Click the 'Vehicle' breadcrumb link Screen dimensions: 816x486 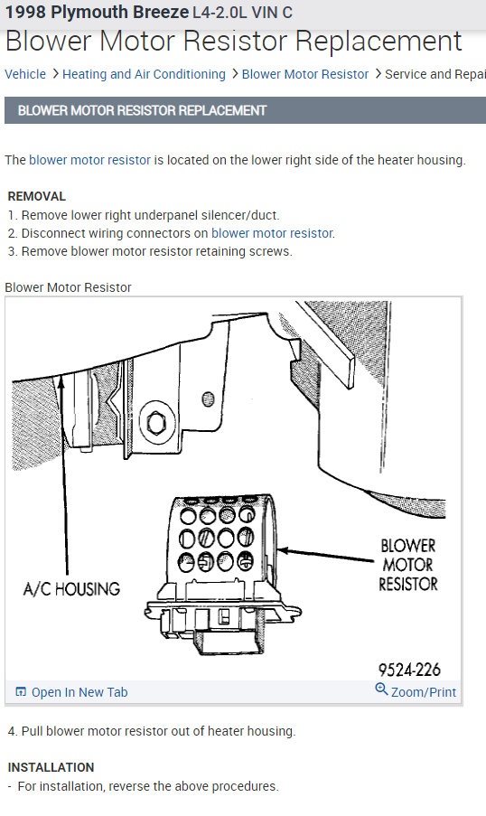[25, 74]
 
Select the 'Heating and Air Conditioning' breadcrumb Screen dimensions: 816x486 [144, 74]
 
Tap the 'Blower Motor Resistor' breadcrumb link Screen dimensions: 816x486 [305, 74]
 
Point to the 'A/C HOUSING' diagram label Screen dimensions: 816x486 [71, 589]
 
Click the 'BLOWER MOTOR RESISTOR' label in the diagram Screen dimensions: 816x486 [407, 565]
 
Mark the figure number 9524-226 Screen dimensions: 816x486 [409, 670]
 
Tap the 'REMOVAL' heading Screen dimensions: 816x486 [36, 196]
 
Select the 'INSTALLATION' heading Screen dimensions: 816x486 [51, 767]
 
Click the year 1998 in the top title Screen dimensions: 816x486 [23, 13]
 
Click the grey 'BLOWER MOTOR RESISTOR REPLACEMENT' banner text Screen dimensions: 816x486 [143, 110]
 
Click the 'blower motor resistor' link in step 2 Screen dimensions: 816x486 [272, 233]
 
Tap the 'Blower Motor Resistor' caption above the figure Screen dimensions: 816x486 [68, 287]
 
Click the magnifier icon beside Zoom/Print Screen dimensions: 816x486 [381, 690]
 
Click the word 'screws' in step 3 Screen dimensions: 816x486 [271, 251]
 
